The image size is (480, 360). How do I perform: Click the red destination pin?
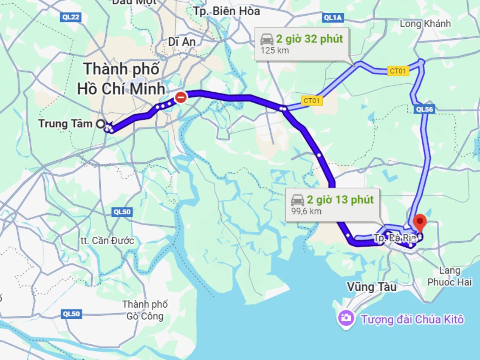pos(420,222)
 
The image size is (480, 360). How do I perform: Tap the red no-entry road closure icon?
pos(181,97)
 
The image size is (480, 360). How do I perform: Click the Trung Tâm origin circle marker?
pos(100,124)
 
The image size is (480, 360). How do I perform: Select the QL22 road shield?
pos(71,17)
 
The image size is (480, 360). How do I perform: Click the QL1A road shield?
pos(333,17)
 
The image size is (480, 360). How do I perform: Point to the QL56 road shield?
pos(425,109)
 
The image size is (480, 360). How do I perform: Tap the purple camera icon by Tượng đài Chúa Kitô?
pos(346,319)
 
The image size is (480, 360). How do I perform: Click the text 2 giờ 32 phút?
pos(309,39)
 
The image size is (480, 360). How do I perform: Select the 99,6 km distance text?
pos(306,211)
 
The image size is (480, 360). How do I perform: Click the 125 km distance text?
pos(274,50)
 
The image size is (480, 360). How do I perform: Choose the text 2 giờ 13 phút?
pos(340,200)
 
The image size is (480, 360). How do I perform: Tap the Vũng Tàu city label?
pos(372,287)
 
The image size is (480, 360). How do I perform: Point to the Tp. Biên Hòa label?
pos(227,11)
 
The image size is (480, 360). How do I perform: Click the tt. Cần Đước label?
pos(107,241)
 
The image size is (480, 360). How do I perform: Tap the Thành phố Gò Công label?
pos(145,310)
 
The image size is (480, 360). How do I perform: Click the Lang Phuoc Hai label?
pos(449,276)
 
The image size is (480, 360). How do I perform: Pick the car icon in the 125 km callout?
pos(267,39)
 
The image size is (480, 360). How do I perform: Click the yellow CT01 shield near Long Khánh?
pos(398,72)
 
